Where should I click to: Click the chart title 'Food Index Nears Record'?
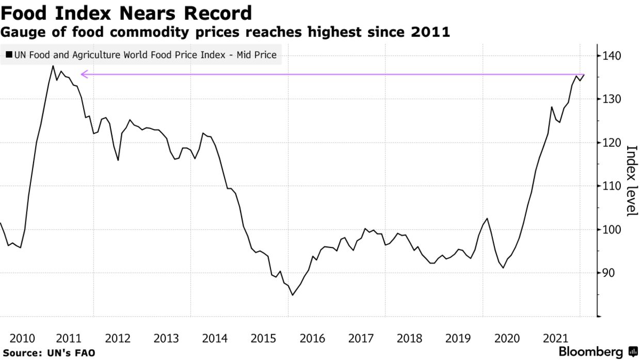(126, 13)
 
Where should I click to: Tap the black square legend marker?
(9, 55)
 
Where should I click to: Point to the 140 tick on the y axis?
(612, 56)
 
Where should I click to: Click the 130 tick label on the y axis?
(612, 99)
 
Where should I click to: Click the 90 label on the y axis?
(609, 273)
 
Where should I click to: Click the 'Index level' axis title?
(631, 181)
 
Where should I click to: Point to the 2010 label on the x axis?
(22, 338)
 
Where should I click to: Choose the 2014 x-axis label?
(215, 338)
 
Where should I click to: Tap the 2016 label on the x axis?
(312, 338)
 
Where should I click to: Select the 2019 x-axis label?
(458, 338)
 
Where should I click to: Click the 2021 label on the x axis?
(555, 338)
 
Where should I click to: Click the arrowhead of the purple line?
(84, 74)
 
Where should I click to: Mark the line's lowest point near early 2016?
(293, 295)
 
